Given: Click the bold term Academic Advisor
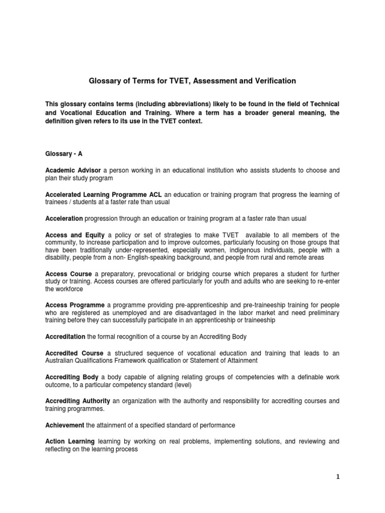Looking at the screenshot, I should [73, 171].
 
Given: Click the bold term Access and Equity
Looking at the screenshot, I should [75, 235].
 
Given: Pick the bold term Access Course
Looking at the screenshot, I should [68, 274].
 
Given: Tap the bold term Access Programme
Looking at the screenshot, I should [75, 305].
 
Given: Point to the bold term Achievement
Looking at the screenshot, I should [65, 425].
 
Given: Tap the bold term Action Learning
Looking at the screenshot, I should [70, 441].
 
